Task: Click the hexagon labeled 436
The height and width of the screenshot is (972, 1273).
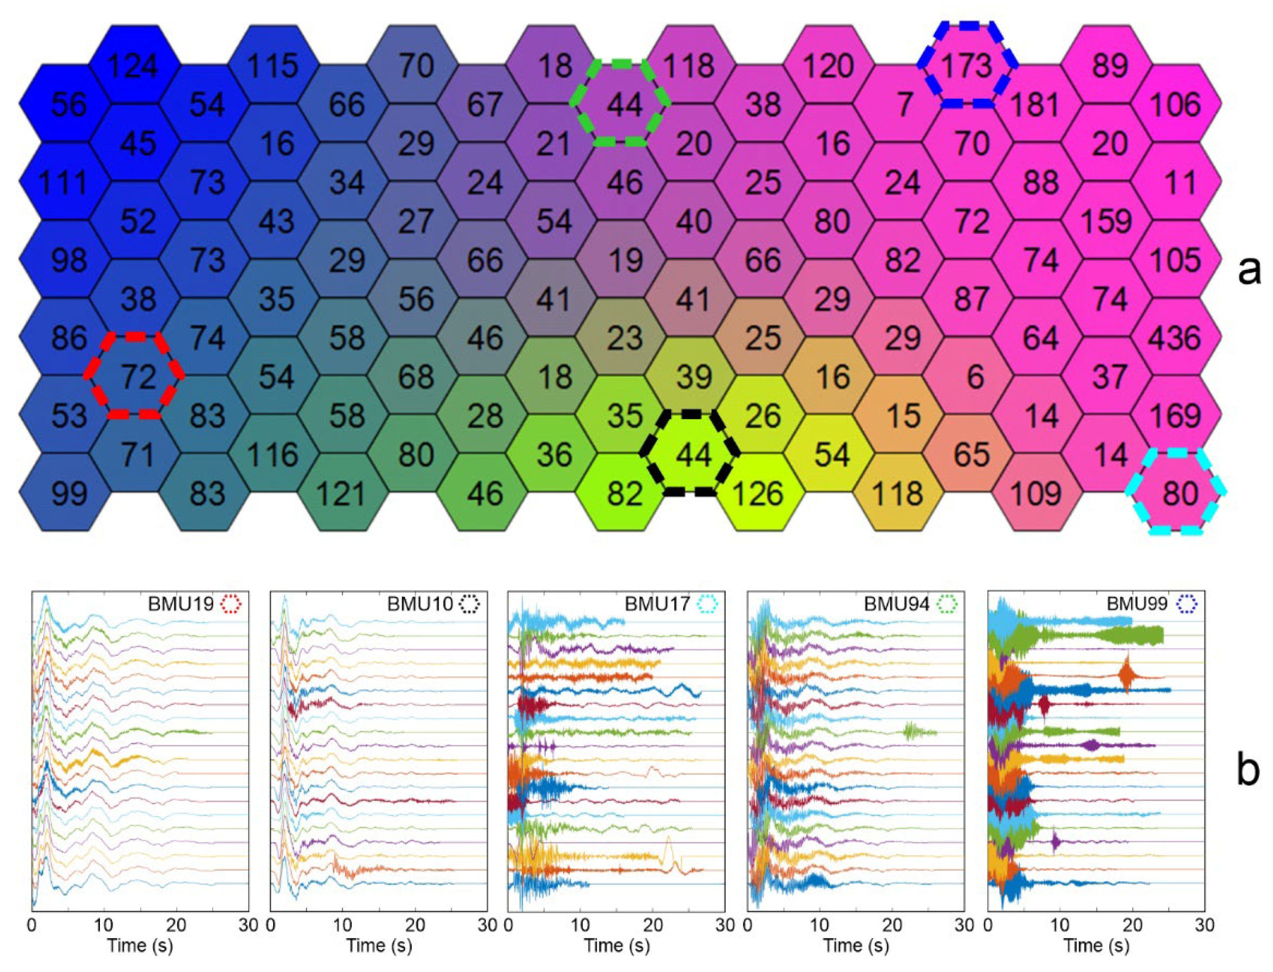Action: point(1175,337)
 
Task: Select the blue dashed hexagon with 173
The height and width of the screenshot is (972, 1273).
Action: point(966,65)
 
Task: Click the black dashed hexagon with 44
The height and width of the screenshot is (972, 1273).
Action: point(691,454)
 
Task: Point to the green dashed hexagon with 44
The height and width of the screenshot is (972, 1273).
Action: point(620,104)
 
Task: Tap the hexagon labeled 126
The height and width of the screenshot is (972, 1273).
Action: point(759,493)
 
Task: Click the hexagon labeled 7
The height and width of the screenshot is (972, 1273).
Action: point(903,104)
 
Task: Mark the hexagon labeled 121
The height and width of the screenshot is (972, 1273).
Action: point(342,493)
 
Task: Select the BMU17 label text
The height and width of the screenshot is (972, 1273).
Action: point(657,604)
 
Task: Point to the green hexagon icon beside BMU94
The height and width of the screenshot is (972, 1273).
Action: point(946,604)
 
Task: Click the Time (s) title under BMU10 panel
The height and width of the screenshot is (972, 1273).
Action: point(379,946)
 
